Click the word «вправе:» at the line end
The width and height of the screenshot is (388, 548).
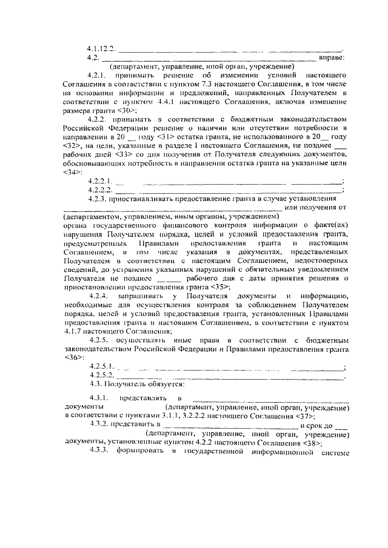pos(333,58)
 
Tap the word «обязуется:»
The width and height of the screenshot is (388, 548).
pos(156,384)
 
